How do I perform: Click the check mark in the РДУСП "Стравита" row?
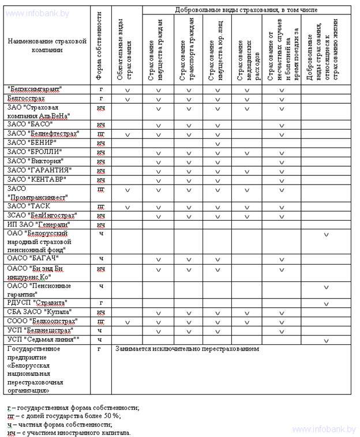(326, 303)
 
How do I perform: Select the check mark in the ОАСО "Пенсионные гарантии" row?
(326, 287)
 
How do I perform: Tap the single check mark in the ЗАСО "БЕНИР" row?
(217, 143)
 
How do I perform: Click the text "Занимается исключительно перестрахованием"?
(187, 349)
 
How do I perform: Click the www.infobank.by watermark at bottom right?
(324, 430)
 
